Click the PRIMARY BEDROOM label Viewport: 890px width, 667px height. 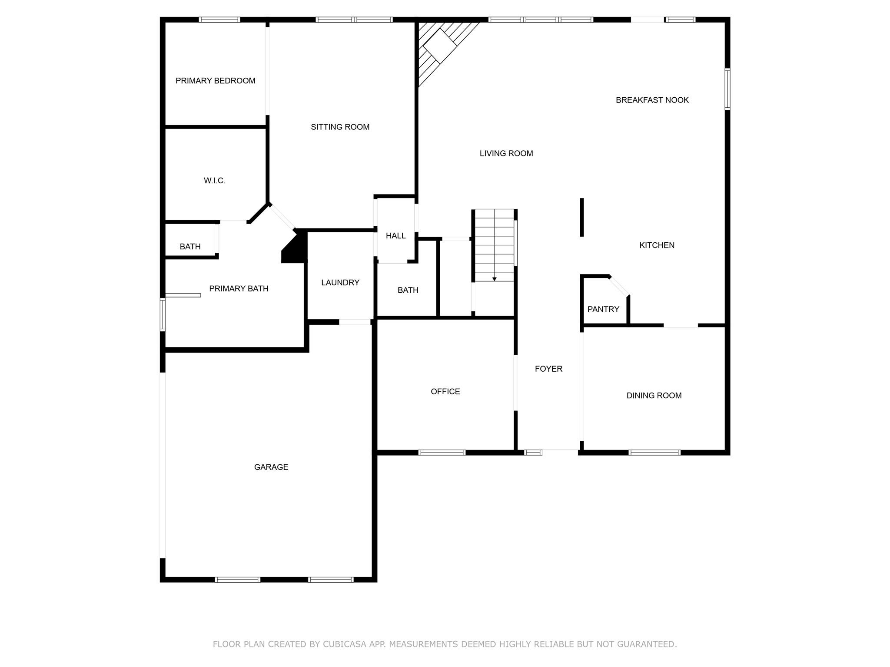coord(215,81)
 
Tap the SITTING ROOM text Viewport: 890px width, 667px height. coord(340,127)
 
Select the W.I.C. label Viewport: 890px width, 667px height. coord(214,181)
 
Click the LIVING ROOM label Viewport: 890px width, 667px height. coord(506,153)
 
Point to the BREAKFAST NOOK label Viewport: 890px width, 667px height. coord(652,100)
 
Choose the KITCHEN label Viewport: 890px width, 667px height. coord(657,245)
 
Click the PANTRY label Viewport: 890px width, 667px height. coord(603,309)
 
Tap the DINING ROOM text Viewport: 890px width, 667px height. coord(654,396)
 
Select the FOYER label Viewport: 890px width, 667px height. coord(548,369)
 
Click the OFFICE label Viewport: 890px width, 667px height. coord(445,392)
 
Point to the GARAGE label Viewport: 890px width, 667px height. coord(271,467)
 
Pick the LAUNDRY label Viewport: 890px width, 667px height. coord(340,283)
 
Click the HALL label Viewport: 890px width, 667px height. coord(395,236)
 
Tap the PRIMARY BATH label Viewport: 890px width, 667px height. coord(239,289)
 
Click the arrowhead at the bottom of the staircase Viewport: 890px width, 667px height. coord(494,279)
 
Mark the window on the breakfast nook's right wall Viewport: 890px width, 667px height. coord(727,89)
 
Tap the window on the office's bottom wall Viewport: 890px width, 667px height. coord(442,452)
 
